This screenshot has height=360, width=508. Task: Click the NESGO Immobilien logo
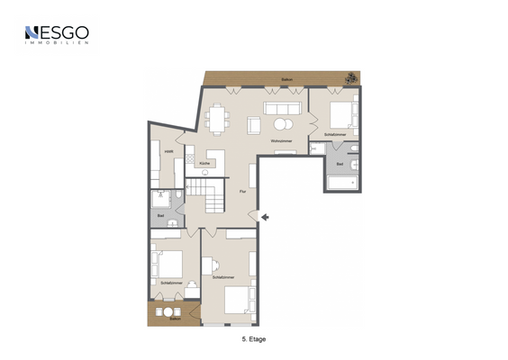[56, 35]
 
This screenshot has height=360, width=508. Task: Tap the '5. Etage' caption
[254, 340]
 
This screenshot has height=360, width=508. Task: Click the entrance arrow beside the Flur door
[265, 216]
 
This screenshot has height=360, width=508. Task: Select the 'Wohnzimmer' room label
[281, 141]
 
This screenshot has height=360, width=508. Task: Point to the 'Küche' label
[217, 163]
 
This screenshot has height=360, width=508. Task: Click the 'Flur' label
[242, 192]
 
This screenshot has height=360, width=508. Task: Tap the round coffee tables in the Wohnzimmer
[284, 123]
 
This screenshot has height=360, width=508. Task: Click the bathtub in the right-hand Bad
[343, 183]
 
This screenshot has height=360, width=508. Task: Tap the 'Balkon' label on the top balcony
[286, 80]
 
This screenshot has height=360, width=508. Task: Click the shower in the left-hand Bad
[161, 200]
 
